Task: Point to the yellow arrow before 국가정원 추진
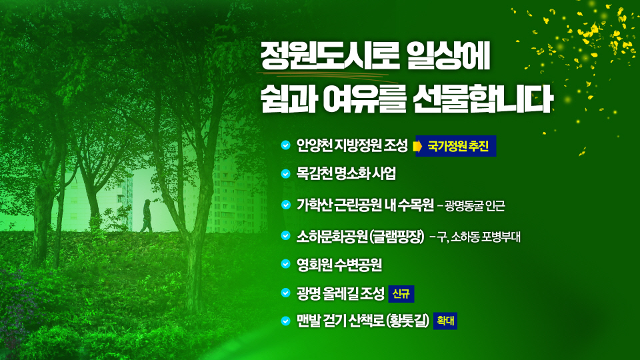[x=419, y=146]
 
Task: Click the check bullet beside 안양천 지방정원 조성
[x=285, y=145]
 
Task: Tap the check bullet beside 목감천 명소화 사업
[x=285, y=174]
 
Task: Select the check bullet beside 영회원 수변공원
[x=285, y=265]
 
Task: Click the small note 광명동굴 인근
[x=475, y=206]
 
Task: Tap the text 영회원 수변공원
[x=339, y=265]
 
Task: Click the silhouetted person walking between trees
[x=147, y=215]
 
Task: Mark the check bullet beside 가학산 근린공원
[x=285, y=205]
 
